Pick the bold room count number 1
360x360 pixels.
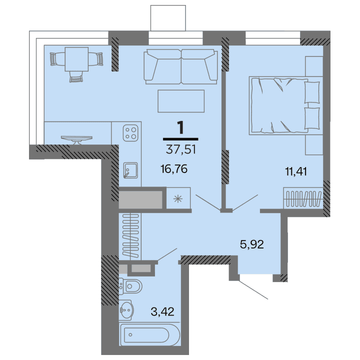click(180, 127)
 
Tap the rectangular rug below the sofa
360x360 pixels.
click(181, 101)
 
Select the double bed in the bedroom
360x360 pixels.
click(284, 105)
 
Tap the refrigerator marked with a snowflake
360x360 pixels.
click(177, 199)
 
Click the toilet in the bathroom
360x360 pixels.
click(131, 287)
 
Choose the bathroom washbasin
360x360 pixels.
click(126, 311)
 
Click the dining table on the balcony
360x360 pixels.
click(77, 60)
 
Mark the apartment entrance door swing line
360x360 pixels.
click(254, 290)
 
